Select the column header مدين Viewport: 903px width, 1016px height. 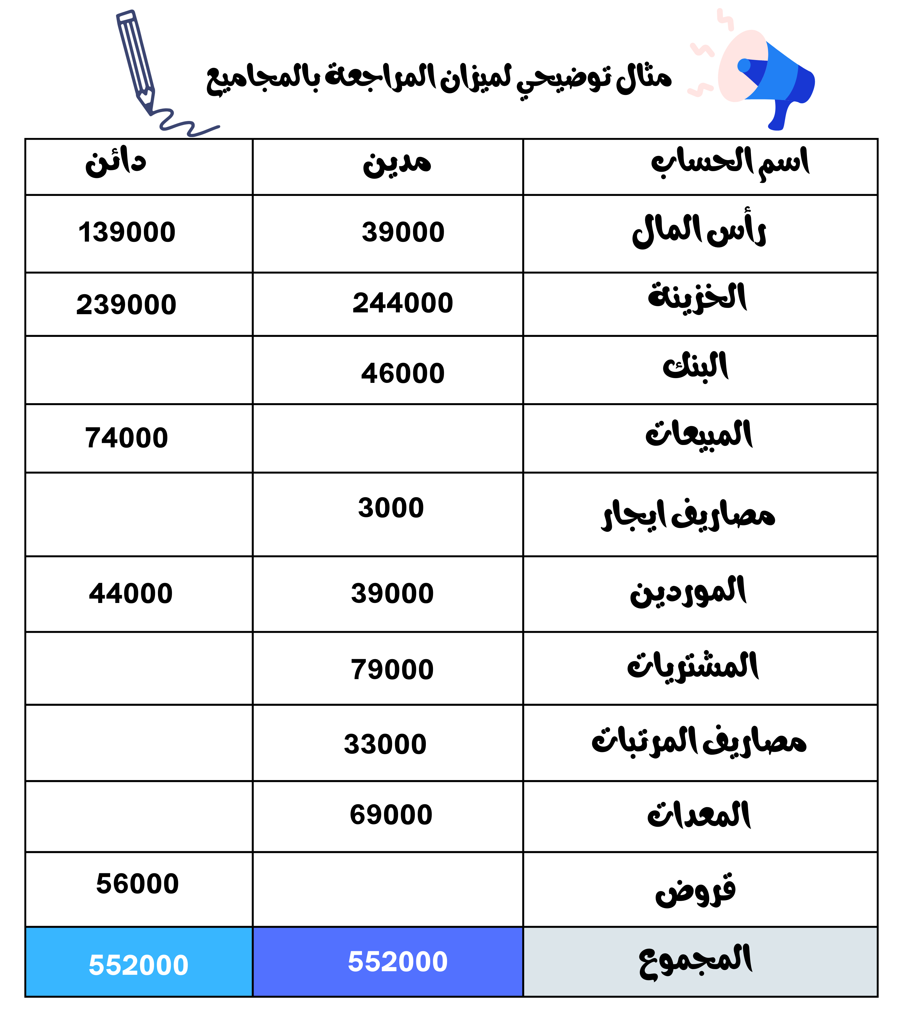click(397, 164)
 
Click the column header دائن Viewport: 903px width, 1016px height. click(116, 163)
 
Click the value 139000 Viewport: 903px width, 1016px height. click(127, 232)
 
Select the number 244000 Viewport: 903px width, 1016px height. click(403, 303)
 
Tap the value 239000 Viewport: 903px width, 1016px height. click(126, 304)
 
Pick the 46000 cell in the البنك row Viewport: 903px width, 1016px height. click(403, 373)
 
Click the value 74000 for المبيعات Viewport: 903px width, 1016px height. click(126, 438)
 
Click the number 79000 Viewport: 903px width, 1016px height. click(392, 669)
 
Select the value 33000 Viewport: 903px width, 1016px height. click(385, 744)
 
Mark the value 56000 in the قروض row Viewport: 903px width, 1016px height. click(137, 883)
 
